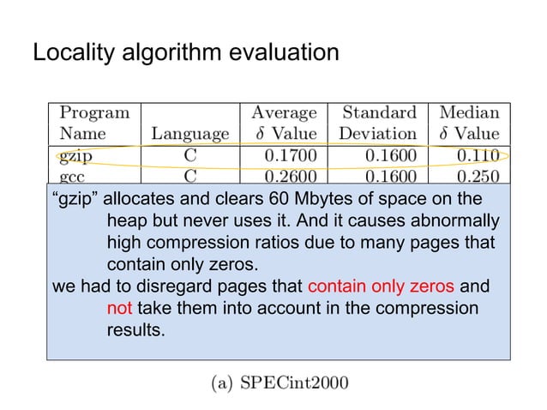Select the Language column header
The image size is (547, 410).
(189, 134)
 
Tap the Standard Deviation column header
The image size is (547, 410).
(378, 123)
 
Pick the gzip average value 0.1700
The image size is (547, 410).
(291, 155)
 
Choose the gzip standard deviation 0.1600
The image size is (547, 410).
(390, 155)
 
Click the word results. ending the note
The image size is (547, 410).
(135, 327)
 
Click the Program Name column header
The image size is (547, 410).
(93, 123)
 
